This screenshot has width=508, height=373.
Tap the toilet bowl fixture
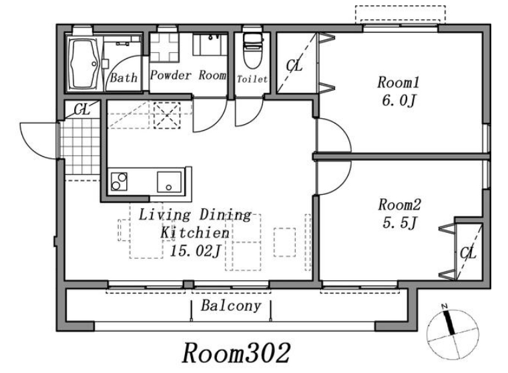252,50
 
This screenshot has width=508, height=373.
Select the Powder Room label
188,75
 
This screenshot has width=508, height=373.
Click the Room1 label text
398,82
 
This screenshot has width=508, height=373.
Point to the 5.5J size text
399,223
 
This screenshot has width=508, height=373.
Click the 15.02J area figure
196,251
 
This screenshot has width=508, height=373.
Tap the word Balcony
231,306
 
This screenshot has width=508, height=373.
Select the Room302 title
236,353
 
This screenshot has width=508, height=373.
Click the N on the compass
444,306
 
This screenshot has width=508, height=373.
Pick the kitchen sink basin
169,182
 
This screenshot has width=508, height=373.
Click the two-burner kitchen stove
119,181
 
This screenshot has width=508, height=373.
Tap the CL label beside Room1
294,66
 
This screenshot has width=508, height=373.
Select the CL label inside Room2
468,253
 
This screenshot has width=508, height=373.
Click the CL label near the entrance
82,109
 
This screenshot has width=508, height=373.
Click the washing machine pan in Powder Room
164,47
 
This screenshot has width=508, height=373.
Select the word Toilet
252,79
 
